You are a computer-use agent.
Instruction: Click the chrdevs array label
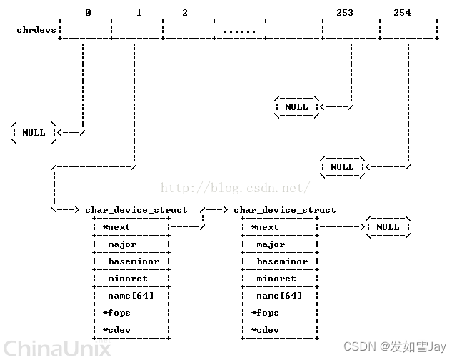point(36,30)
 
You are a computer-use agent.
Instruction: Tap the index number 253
point(344,13)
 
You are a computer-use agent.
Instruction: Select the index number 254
point(402,13)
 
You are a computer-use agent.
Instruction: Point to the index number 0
point(87,13)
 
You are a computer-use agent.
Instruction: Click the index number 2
point(185,13)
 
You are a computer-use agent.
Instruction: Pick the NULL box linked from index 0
point(34,132)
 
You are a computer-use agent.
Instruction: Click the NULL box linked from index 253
point(296,107)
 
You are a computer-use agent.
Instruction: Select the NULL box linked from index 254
point(342,166)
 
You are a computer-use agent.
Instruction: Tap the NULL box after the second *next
point(388,227)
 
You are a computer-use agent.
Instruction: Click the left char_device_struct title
point(136,210)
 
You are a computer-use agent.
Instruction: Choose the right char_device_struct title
point(285,210)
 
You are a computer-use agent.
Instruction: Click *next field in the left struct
point(116,227)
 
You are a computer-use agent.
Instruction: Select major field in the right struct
point(271,244)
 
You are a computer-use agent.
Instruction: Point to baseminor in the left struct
point(134,261)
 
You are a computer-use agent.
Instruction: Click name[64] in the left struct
point(131,296)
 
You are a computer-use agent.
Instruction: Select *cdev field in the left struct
point(116,330)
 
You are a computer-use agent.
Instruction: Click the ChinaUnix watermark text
point(56,349)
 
